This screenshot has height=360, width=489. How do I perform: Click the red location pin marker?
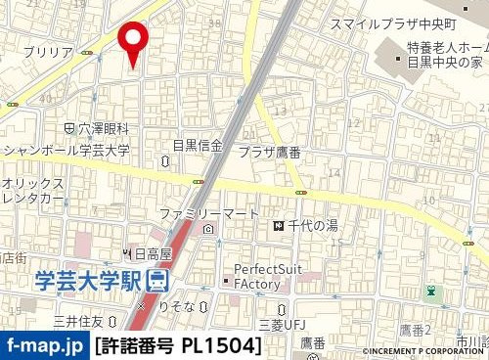[132, 42]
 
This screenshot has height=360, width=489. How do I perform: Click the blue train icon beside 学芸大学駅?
[156, 281]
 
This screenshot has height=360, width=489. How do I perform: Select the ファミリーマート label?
[209, 213]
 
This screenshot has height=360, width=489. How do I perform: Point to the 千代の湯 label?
[312, 226]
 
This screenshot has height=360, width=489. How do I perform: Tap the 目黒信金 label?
[198, 146]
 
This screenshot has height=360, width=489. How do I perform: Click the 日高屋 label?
[152, 253]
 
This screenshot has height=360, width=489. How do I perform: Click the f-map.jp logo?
[44, 345]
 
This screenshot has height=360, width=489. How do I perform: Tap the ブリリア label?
[47, 51]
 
